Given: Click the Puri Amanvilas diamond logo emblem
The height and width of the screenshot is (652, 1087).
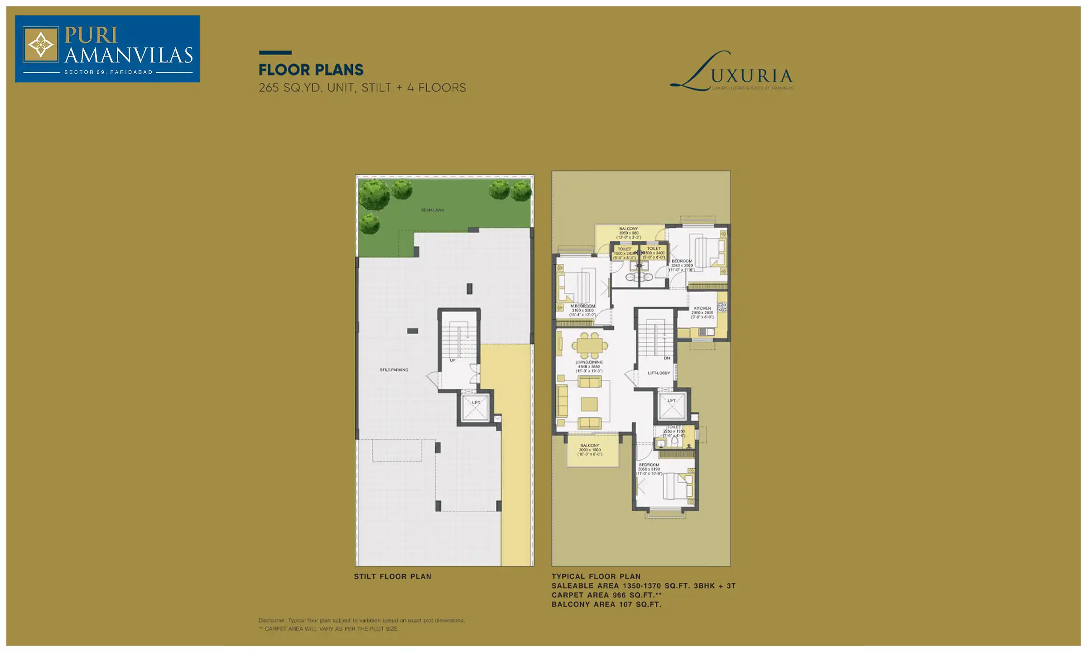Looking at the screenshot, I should (41, 45).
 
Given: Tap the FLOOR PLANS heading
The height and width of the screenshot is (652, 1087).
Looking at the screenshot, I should (311, 70).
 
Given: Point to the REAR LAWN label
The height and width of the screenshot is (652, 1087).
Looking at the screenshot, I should (433, 210).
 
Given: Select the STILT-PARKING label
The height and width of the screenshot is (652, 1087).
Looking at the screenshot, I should (394, 370).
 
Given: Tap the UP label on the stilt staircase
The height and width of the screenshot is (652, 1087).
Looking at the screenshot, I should (452, 360).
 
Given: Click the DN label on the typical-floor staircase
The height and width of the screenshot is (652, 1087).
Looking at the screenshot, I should (667, 358).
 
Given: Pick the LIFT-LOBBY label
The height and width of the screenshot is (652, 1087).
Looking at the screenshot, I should (659, 373).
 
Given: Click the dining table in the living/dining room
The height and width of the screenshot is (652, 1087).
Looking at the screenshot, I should (589, 345).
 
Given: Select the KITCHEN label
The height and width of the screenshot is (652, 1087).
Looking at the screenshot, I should (702, 308).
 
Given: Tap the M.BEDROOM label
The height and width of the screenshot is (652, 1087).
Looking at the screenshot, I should (582, 306).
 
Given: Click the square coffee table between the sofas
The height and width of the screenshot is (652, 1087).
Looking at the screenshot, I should (589, 403).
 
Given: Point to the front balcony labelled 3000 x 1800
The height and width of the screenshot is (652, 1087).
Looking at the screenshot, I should (590, 450).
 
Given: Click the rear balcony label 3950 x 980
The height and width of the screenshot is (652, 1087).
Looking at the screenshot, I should (629, 233).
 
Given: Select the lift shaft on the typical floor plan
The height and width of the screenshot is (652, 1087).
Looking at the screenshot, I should (672, 407).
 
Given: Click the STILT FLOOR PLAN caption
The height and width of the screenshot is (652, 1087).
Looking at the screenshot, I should (392, 576).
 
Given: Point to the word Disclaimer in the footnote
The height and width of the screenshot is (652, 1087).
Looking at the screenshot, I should (272, 620).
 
